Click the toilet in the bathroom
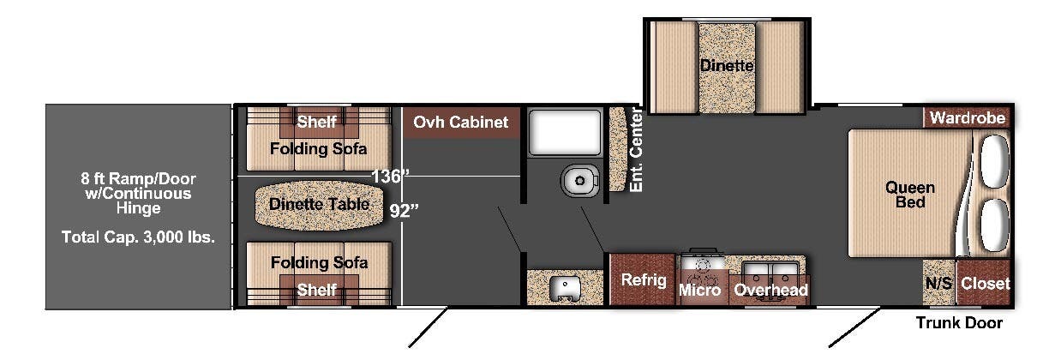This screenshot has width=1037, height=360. [579, 181]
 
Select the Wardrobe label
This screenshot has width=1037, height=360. [968, 118]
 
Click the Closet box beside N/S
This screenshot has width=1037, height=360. [984, 282]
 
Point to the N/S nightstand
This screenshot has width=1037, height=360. [938, 283]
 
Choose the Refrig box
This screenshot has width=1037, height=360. [644, 280]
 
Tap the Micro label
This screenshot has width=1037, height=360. [698, 291]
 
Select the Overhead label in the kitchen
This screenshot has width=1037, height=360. [770, 291]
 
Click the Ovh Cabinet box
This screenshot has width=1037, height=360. [461, 123]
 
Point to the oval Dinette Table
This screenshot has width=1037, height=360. [320, 204]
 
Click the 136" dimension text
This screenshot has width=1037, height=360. [391, 176]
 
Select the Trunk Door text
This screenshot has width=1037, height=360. [959, 323]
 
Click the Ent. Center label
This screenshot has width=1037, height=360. [635, 151]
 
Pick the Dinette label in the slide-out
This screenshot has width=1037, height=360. [727, 65]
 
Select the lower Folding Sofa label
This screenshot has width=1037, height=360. [319, 262]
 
